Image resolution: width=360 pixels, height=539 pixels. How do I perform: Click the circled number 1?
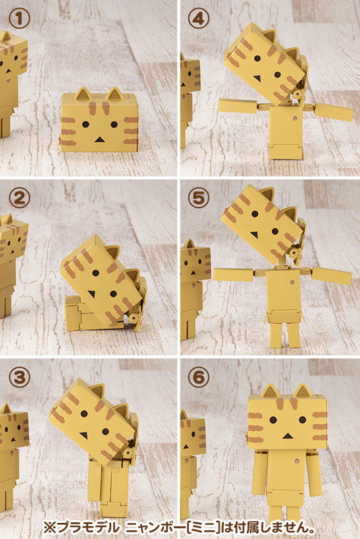coord(20,20)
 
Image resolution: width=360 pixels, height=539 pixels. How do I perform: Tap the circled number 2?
coord(20,198)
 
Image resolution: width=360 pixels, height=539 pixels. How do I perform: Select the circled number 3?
coord(20,377)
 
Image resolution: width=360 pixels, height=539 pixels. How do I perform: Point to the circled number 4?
coord(198,20)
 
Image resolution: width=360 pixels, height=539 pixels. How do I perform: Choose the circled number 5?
coord(198,198)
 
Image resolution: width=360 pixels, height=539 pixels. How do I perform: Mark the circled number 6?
coord(198,377)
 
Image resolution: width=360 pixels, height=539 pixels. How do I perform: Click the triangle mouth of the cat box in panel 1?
coord(99,140)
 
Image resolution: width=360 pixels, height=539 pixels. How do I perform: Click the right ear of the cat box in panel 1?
coord(115,94)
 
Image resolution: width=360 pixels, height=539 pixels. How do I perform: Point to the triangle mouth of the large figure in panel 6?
coord(287,436)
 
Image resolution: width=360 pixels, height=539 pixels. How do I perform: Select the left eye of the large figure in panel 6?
coord(273,420)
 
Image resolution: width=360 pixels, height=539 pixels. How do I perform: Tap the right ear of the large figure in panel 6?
coord(303,391)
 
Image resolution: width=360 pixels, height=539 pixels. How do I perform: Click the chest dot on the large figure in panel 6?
coord(297,460)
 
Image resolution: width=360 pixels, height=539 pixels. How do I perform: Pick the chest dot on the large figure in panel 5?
coord(292,282)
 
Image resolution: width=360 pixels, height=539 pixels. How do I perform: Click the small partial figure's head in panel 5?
coord(196,261)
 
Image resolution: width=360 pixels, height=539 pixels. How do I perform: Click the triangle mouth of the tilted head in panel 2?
coord(91,294)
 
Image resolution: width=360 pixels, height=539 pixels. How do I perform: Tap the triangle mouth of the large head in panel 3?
coord(84,435)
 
